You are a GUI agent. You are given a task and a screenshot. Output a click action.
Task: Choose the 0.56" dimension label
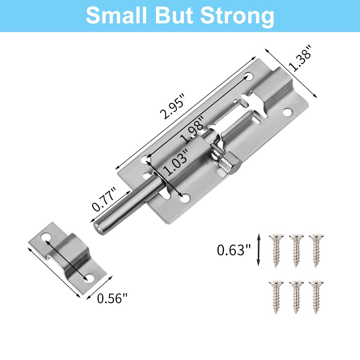tap(112, 298)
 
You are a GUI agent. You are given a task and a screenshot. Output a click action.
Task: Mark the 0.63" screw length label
tap(233, 250)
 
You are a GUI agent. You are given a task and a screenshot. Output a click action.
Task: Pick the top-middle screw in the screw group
tap(296, 250)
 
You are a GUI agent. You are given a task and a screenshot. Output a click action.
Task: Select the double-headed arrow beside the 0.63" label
tap(258, 250)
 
